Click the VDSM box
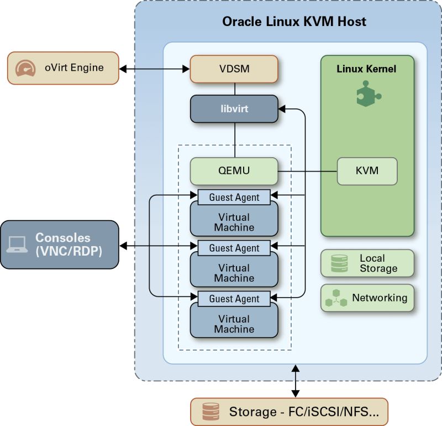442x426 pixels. [x=234, y=69]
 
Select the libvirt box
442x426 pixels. [x=234, y=109]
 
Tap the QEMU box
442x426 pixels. [x=234, y=171]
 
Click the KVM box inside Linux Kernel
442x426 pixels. [x=367, y=171]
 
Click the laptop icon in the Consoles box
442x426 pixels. [x=18, y=245]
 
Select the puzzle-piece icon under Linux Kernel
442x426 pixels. [x=367, y=93]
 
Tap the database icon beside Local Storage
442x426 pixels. [x=339, y=263]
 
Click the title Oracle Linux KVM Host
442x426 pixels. [x=294, y=23]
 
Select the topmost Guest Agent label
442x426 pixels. [x=234, y=198]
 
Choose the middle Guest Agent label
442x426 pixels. [x=234, y=248]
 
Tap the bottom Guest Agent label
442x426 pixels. [x=234, y=299]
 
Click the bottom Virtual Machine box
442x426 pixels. [x=234, y=324]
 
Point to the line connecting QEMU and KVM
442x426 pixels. [x=307, y=171]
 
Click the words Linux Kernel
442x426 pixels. [x=367, y=70]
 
